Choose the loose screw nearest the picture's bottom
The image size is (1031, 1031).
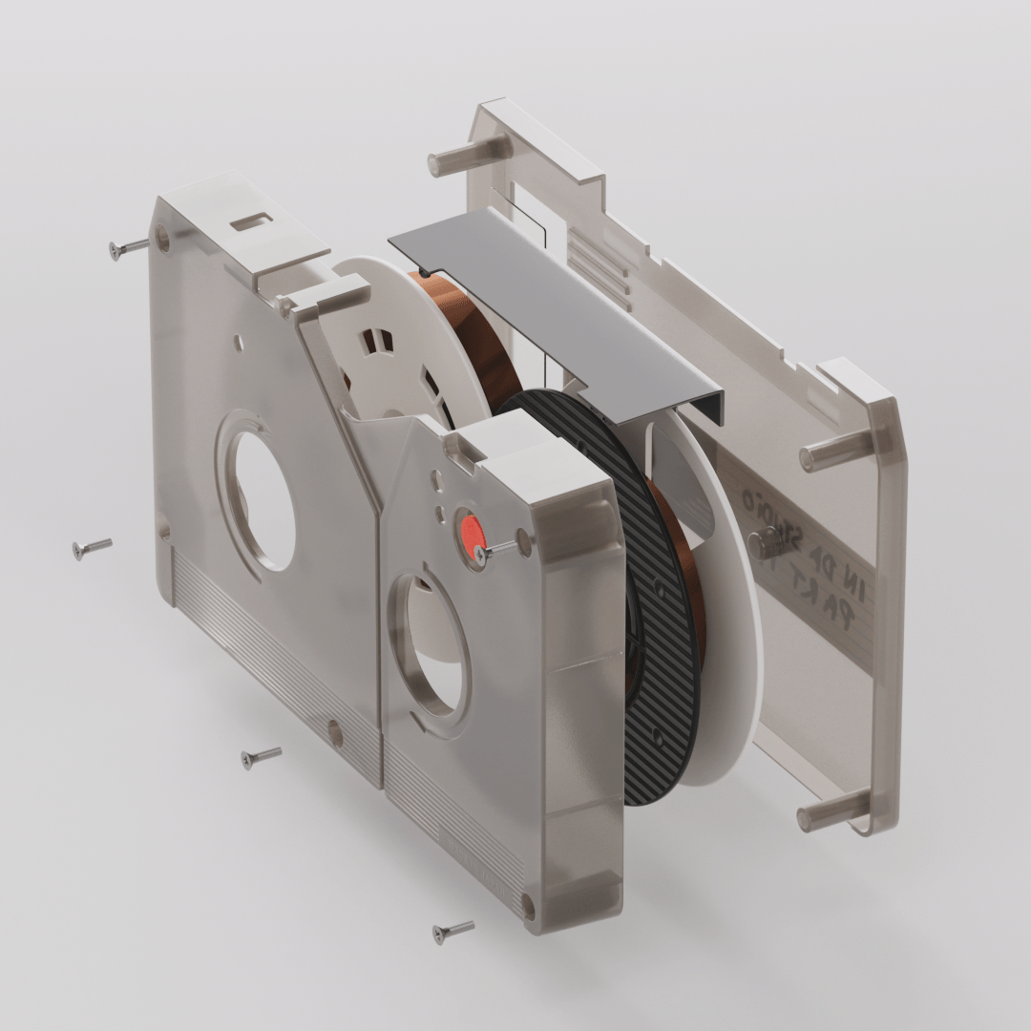pos(452,930)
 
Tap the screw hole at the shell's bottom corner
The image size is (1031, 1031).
pos(527,902)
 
